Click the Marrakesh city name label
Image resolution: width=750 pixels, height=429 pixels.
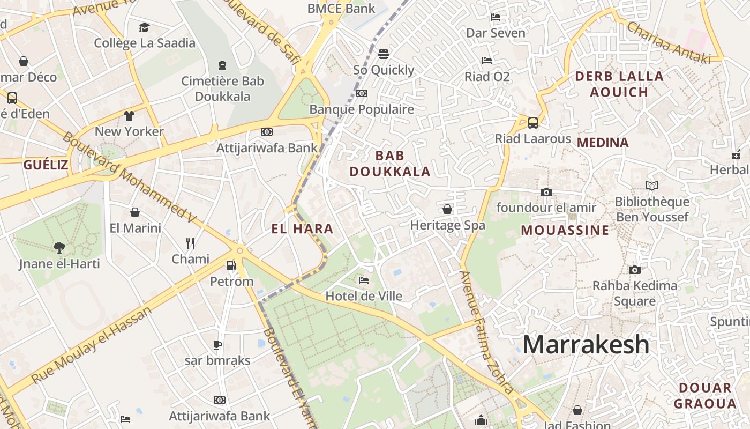tap(586, 344)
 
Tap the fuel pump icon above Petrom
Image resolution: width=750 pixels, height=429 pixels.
tap(231, 265)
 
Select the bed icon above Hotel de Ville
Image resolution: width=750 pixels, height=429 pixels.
tap(364, 280)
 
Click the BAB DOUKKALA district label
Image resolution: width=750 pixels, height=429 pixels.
tap(389, 164)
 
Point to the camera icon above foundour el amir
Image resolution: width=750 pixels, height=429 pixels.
tap(546, 192)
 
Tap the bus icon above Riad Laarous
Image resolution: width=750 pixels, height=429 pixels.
tap(532, 122)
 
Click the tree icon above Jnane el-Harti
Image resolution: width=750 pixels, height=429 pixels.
tap(59, 247)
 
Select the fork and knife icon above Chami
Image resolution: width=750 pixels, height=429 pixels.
tap(190, 243)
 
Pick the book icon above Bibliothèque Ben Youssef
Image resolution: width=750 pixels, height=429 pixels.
tap(652, 186)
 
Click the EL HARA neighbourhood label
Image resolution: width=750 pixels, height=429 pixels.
tap(302, 229)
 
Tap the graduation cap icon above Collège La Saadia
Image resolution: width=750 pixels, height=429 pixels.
tap(144, 27)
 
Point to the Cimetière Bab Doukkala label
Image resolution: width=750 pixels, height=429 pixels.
tap(222, 89)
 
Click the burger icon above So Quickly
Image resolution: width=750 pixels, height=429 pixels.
tap(383, 54)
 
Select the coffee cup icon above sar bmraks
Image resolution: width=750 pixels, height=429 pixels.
tap(217, 345)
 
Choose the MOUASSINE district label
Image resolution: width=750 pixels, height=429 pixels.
tap(565, 231)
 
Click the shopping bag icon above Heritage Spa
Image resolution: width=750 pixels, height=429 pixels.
tap(447, 209)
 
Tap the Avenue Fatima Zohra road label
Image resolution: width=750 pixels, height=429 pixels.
tap(486, 332)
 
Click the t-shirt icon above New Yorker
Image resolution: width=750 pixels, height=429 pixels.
tap(129, 115)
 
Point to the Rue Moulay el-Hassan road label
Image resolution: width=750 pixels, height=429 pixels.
tap(92, 345)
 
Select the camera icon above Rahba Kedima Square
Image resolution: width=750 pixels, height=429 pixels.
tap(634, 270)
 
